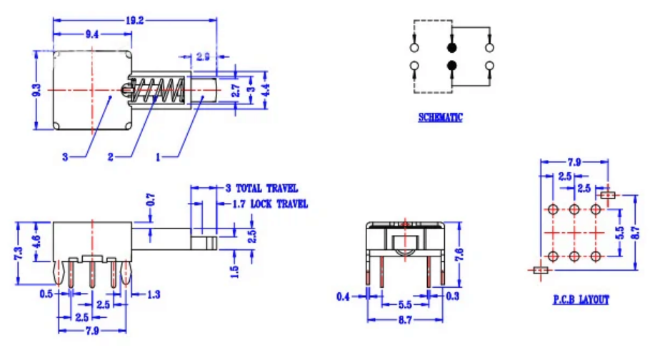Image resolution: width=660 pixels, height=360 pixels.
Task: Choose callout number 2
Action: pyautogui.click(x=111, y=156)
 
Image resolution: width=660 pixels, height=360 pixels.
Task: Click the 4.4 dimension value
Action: pyautogui.click(x=265, y=90)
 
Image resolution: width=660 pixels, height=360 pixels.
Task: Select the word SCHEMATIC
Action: pyautogui.click(x=440, y=117)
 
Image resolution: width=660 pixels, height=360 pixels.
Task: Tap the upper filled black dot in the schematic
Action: pyautogui.click(x=451, y=48)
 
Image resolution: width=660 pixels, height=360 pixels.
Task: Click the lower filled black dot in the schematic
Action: pyautogui.click(x=451, y=66)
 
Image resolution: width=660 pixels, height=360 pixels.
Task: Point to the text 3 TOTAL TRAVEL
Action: pyautogui.click(x=261, y=189)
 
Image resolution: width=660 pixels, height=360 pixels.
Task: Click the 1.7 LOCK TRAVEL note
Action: pyautogui.click(x=269, y=204)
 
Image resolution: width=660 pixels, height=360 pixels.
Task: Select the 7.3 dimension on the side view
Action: pyautogui.click(x=18, y=254)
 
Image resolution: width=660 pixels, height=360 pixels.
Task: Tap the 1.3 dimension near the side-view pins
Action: pyautogui.click(x=154, y=294)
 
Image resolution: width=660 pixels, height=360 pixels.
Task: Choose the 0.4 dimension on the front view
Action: pyautogui.click(x=344, y=296)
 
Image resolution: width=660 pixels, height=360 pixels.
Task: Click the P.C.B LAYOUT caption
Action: pyautogui.click(x=581, y=300)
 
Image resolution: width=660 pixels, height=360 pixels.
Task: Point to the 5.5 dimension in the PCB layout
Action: pyautogui.click(x=619, y=232)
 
